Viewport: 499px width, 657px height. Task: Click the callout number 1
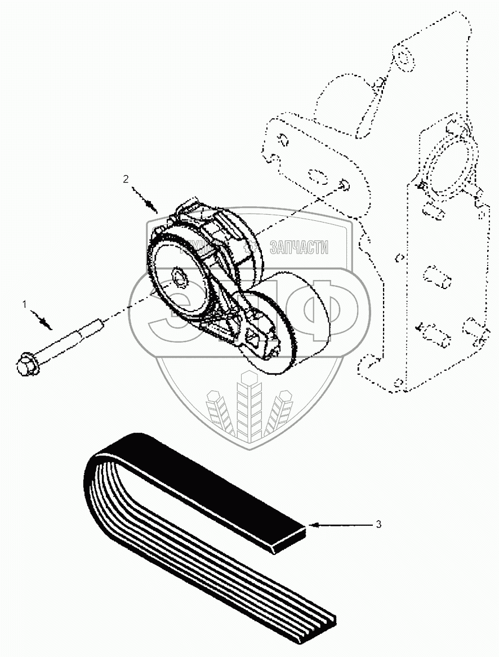coord(24,304)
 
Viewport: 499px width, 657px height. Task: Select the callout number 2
coord(126,179)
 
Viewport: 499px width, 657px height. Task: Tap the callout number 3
coord(378,525)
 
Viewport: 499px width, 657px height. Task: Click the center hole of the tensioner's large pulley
coord(180,277)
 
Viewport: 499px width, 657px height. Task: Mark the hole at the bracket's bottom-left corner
coord(399,383)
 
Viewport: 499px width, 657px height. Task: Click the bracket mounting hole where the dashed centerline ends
coord(344,185)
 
